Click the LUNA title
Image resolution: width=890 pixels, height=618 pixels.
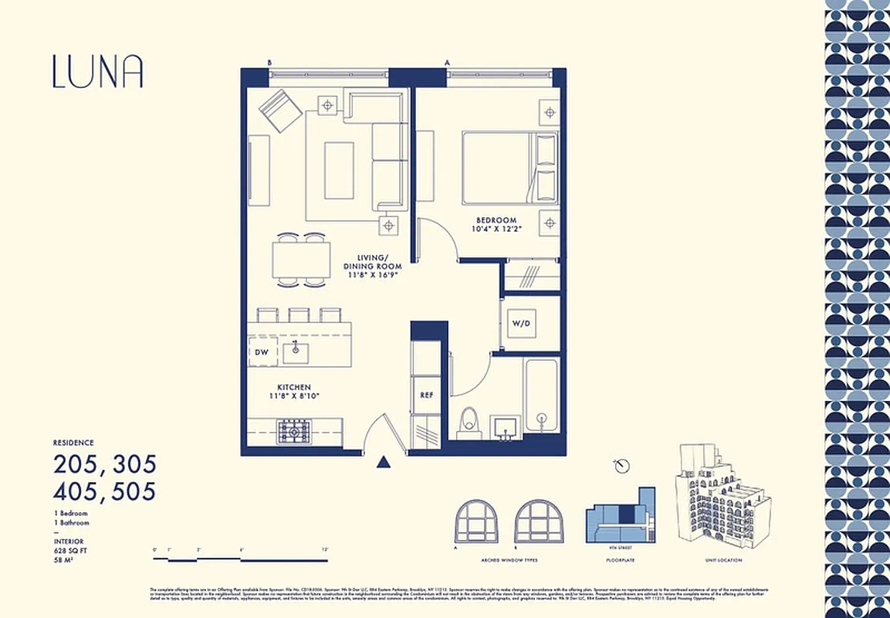coord(98,71)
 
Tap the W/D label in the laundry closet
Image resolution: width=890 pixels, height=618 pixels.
coord(521,323)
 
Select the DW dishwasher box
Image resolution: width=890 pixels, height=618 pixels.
coord(261,353)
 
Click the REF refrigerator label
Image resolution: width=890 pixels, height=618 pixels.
coord(425,395)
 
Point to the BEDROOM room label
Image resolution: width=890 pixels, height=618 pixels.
coord(496,220)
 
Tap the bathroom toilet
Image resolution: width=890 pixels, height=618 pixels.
coord(469,423)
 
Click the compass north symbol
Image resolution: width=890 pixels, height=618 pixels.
coord(621,466)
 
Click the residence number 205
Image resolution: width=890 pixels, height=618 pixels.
coord(80,464)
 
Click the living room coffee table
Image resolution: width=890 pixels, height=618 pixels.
coord(339,170)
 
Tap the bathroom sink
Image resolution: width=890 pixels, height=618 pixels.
coord(506,425)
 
